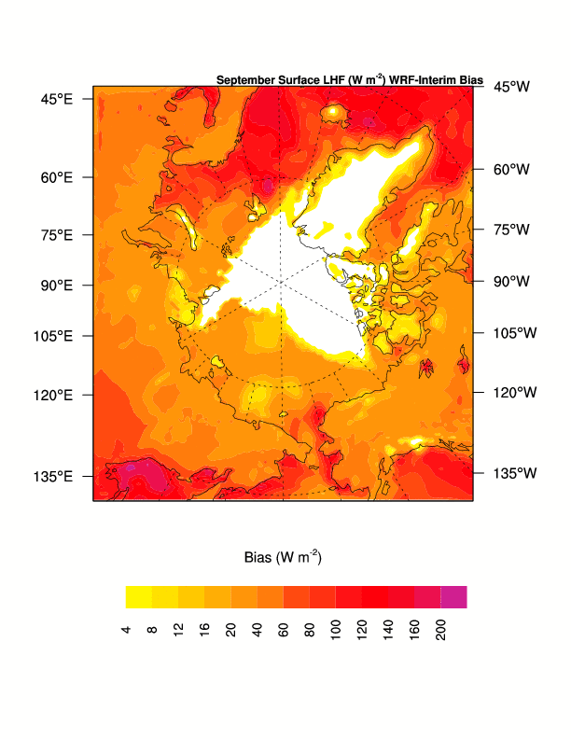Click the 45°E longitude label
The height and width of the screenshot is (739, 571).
(58, 98)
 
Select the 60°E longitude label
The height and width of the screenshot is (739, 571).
(58, 177)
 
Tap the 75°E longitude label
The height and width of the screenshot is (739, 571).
(58, 234)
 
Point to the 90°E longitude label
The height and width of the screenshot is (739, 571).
(58, 285)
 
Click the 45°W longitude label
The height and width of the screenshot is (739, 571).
(511, 87)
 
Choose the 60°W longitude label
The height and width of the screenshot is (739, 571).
(511, 170)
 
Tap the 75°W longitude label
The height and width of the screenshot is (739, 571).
(511, 229)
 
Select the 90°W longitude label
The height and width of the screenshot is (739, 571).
(511, 280)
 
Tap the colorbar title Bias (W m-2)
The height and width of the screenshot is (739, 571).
(283, 558)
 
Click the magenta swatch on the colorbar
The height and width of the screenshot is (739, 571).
(453, 597)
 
